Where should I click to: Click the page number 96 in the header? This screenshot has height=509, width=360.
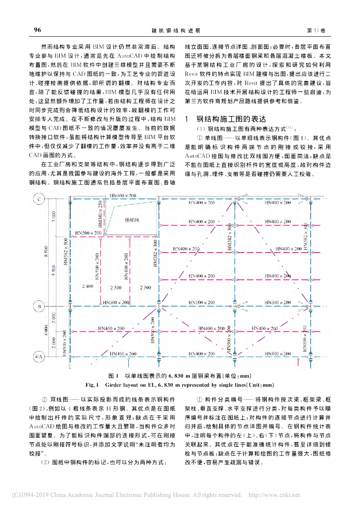click(x=37, y=30)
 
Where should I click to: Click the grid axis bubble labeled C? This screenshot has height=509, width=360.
click(x=38, y=200)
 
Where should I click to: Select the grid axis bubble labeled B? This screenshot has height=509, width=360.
click(x=38, y=306)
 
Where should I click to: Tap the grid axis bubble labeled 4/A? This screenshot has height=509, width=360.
click(x=38, y=356)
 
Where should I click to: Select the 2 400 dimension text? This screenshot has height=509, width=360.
click(x=88, y=288)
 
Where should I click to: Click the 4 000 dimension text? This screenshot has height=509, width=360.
click(x=46, y=332)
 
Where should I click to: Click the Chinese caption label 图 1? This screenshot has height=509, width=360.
click(x=113, y=375)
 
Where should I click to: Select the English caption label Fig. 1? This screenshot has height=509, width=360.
click(x=93, y=384)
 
